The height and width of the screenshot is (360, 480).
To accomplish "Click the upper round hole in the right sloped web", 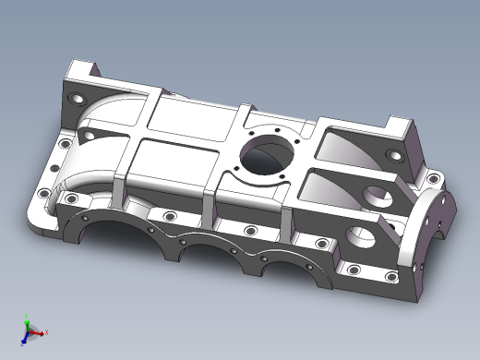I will pyautogui.click(x=376, y=196).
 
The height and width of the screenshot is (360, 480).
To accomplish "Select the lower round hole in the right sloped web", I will pyautogui.click(x=361, y=239).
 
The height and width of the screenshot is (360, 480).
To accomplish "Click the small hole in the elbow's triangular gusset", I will pyautogui.click(x=92, y=133).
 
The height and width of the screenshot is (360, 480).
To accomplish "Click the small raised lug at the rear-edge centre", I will pyautogui.click(x=242, y=112).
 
